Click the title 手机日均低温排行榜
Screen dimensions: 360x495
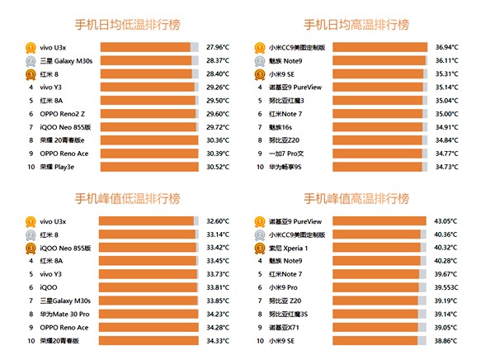click(128, 24)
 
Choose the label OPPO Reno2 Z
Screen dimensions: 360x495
click(60, 113)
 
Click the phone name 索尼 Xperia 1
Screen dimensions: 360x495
click(289, 248)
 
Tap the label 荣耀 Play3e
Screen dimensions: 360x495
click(57, 166)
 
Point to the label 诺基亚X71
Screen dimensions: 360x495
click(285, 327)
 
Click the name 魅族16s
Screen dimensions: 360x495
click(282, 126)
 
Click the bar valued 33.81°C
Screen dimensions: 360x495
click(145, 287)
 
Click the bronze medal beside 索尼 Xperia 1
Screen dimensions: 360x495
click(260, 248)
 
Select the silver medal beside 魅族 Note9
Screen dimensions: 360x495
click(260, 60)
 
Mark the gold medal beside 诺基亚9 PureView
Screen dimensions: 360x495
click(260, 221)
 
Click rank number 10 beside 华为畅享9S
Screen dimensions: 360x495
click(260, 166)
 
